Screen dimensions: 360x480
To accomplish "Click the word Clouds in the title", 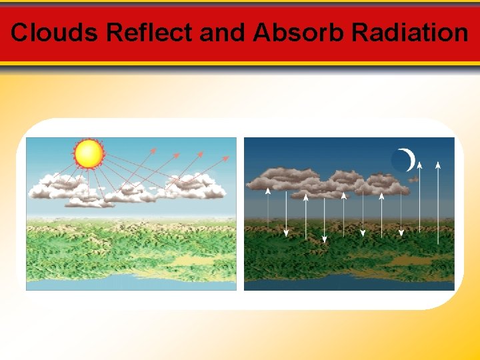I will tap(55, 32).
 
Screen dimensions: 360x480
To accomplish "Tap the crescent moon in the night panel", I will tap(406, 160).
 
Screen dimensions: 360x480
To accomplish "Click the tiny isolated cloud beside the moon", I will tap(413, 179).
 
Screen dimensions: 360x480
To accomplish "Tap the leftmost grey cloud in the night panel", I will tap(273, 178).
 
